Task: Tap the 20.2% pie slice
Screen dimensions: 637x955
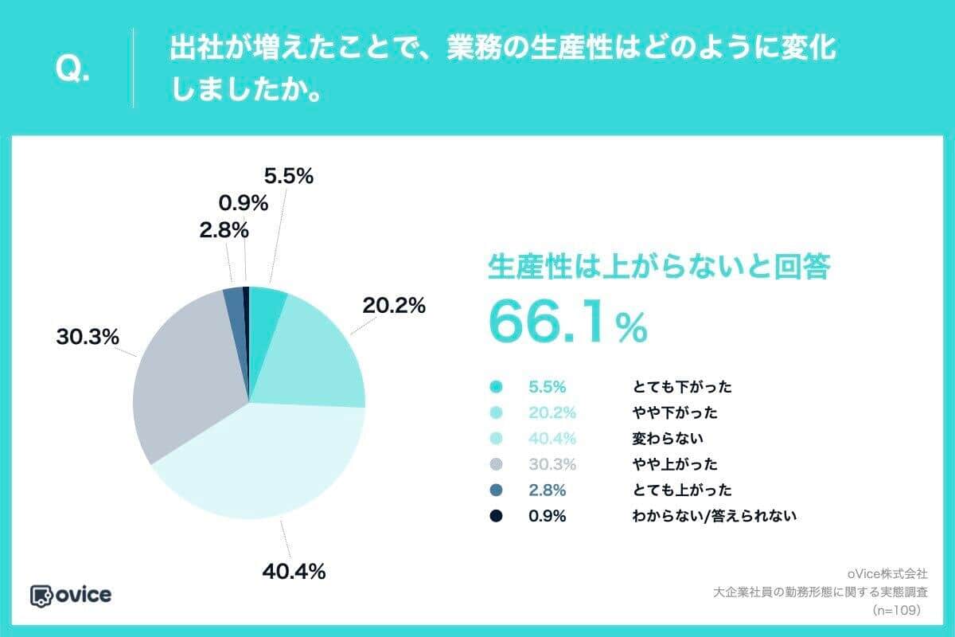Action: point(318,350)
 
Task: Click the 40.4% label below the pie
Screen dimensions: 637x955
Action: point(294,571)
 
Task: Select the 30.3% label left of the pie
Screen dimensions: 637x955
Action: point(88,337)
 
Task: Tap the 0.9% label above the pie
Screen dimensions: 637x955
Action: point(243,203)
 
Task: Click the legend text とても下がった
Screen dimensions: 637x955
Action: point(681,387)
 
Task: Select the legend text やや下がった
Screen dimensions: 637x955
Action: point(675,412)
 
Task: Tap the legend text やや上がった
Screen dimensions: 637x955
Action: point(675,463)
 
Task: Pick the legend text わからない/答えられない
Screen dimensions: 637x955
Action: point(715,515)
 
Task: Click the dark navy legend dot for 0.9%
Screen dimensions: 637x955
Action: point(497,515)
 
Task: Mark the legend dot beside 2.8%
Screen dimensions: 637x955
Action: point(497,490)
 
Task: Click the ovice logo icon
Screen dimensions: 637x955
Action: point(41,595)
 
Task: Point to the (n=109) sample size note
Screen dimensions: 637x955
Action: point(896,610)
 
